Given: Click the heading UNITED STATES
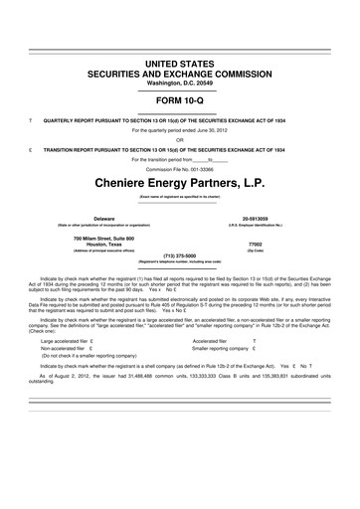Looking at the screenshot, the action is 180,63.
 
